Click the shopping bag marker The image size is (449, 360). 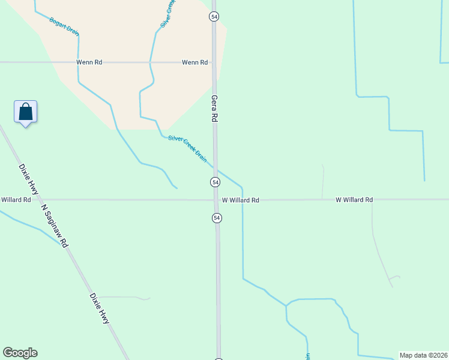25,112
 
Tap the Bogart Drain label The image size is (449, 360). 64,28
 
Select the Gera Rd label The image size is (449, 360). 214,109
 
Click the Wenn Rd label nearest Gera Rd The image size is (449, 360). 195,62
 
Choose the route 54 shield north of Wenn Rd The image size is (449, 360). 214,16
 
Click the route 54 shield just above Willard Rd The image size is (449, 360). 215,181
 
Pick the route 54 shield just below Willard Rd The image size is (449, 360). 217,218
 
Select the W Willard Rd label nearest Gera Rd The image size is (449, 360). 240,200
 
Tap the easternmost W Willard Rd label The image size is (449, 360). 354,200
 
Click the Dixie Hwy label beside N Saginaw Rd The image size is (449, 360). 29,179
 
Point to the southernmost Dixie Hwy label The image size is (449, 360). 100,308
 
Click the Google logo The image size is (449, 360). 20,353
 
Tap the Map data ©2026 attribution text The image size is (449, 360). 423,355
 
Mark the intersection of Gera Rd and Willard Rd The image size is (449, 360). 216,199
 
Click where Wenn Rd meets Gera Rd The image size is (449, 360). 214,62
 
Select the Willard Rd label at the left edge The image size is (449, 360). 16,200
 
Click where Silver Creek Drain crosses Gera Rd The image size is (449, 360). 215,169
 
